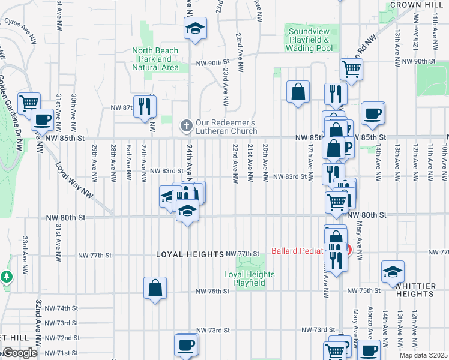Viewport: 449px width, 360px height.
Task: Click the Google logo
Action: pos(19,353)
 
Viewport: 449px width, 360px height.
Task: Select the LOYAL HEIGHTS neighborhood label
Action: pos(190,254)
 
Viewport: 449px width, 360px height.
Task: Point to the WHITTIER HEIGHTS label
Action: pos(415,291)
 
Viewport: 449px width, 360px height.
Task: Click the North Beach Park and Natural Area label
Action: pos(155,59)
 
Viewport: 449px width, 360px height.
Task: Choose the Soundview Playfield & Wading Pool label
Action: pos(310,40)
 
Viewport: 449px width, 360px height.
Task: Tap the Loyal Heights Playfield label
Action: pos(249,279)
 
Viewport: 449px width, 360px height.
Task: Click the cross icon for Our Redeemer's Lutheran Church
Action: pos(186,126)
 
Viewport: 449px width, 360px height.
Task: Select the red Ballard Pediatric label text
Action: pos(298,251)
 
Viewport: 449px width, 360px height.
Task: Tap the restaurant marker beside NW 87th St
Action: pos(144,106)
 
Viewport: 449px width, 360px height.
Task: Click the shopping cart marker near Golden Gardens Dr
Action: pos(28,103)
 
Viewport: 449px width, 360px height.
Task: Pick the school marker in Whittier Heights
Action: pos(393,272)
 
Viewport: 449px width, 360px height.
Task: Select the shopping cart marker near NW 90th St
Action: pos(351,68)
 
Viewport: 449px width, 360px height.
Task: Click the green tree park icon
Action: pos(6,277)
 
